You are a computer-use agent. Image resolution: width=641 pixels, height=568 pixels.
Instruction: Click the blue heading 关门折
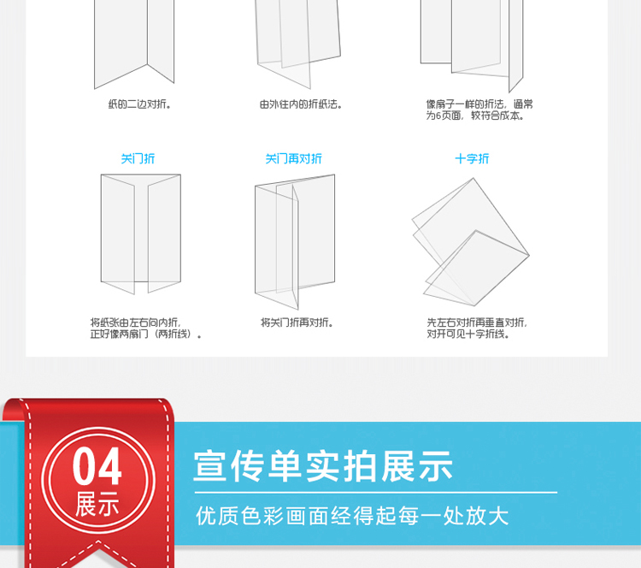click(138, 159)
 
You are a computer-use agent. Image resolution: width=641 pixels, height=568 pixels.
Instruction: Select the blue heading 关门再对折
click(293, 159)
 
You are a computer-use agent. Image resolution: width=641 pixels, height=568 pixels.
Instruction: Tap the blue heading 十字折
click(472, 159)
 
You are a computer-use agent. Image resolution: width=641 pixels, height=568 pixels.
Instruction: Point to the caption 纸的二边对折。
click(139, 104)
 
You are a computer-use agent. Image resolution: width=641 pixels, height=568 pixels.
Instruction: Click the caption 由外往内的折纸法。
click(301, 104)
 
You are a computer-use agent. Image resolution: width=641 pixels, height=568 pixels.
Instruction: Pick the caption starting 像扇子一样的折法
click(479, 109)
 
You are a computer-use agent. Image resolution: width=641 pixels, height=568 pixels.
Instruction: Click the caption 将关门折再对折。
click(297, 322)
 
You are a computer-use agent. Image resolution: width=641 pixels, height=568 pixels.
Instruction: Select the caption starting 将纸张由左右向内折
click(146, 328)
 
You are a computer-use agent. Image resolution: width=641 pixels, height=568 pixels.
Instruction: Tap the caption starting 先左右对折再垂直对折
click(477, 328)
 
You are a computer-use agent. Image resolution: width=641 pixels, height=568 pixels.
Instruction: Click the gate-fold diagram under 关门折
click(141, 234)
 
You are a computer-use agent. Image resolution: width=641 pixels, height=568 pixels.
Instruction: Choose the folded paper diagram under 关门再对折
click(295, 241)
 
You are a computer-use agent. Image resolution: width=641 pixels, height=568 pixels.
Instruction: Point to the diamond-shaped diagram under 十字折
click(471, 242)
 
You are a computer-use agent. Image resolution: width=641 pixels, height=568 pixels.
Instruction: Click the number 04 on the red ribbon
click(97, 465)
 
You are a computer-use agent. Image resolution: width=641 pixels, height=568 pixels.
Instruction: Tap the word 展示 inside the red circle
click(97, 504)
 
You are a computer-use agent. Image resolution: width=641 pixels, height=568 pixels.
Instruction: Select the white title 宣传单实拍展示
click(323, 466)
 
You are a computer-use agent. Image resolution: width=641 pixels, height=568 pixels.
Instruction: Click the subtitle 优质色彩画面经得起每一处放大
click(352, 516)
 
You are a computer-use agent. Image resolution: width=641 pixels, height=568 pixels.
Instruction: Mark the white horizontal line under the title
click(376, 492)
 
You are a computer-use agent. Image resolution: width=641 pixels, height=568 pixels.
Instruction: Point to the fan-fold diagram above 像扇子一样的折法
click(472, 46)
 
